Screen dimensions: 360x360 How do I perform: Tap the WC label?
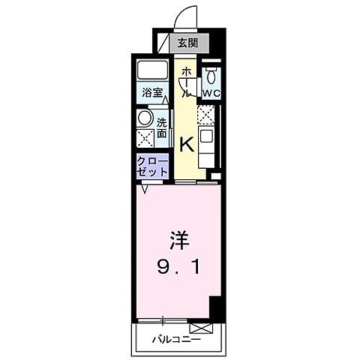pos(211,93)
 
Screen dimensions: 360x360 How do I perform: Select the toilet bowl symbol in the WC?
pos(211,76)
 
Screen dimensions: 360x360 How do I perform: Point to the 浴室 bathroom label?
pos(154,93)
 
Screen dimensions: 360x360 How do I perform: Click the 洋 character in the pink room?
pos(178,242)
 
